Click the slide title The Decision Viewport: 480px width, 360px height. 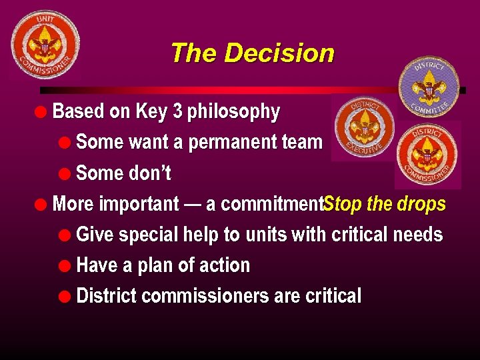click(252, 53)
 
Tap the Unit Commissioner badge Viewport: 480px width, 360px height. click(45, 45)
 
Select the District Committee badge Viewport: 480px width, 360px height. click(429, 87)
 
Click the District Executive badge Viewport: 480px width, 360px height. click(364, 127)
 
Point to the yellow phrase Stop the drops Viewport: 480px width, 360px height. click(385, 204)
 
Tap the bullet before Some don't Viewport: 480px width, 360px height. click(63, 174)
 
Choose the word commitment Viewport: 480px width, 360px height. click(271, 204)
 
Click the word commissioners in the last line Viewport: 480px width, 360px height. click(206, 296)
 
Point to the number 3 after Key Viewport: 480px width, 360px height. click(177, 111)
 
